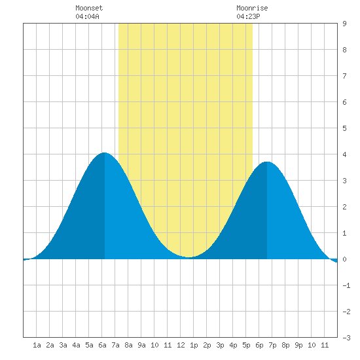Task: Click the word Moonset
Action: [x=89, y=8]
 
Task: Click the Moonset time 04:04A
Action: [x=87, y=16]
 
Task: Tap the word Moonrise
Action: [x=252, y=8]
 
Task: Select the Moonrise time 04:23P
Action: [x=248, y=16]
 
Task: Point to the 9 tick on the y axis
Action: [x=344, y=24]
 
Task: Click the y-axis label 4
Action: [x=344, y=154]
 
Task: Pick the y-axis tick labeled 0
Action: [x=344, y=259]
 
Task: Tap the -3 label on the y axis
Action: [x=346, y=338]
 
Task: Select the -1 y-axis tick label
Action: [x=346, y=285]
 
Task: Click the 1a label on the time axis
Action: [x=37, y=345]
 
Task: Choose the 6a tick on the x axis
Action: [x=102, y=345]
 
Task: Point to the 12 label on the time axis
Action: [x=181, y=345]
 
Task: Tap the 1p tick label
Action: [x=194, y=345]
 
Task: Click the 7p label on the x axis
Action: [x=272, y=345]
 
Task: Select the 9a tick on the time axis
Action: [x=141, y=345]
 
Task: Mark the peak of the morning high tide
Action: [x=105, y=153]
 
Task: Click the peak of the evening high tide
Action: [x=267, y=162]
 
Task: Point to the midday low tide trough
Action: [x=189, y=257]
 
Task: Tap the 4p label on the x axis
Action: [x=233, y=345]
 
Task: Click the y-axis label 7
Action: [x=344, y=76]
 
